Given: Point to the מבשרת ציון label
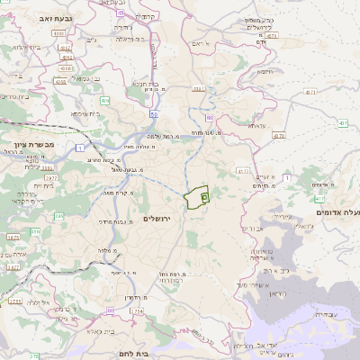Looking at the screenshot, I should (x=35, y=144).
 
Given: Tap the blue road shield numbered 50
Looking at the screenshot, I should (x=155, y=114).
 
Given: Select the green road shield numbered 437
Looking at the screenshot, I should (x=344, y=122).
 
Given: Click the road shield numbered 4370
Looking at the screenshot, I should (x=278, y=135).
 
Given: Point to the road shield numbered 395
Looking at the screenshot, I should (x=59, y=216).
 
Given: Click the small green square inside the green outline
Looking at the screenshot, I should (x=204, y=196).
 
